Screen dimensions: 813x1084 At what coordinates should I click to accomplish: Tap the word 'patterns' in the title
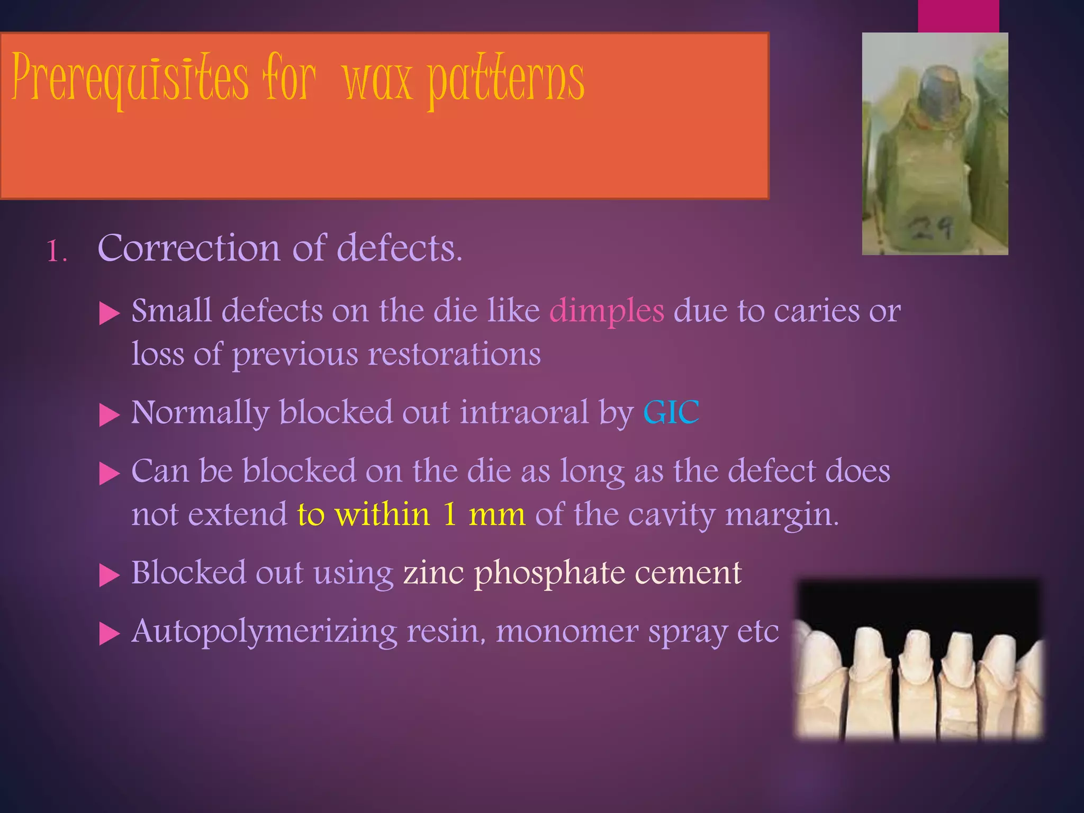point(505,80)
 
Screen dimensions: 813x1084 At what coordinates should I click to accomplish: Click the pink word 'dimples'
point(607,311)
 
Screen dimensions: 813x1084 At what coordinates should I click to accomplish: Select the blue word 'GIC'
point(671,412)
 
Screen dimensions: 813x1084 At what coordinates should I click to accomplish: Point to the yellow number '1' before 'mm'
point(449,514)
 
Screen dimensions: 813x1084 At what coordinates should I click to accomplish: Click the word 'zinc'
point(433,573)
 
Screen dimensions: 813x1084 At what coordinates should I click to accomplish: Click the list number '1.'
point(57,251)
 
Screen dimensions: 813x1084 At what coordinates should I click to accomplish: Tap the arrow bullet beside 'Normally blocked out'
point(110,415)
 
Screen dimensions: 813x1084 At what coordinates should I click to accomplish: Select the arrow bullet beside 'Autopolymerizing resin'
point(110,634)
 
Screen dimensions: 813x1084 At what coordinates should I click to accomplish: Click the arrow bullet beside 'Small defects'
point(110,313)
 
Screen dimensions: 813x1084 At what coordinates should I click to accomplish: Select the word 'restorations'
point(454,354)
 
